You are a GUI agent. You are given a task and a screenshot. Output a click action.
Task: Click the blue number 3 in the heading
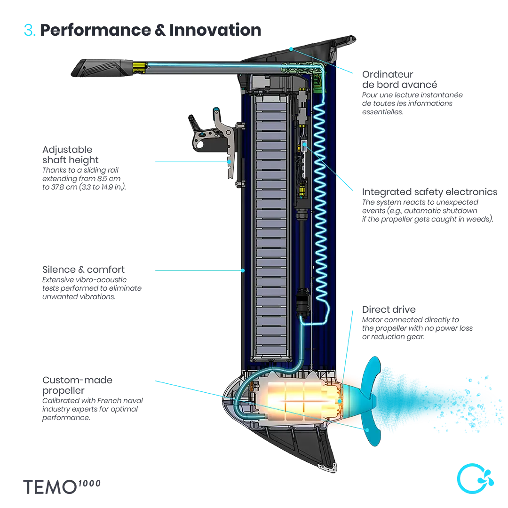(x=29, y=31)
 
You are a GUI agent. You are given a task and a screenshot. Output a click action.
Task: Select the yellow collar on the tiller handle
(x=139, y=66)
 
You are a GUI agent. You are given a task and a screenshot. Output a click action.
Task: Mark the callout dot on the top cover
(x=291, y=48)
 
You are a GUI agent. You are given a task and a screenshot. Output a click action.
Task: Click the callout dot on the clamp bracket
(x=230, y=162)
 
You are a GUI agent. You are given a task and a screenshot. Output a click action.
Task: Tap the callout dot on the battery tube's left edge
(x=243, y=270)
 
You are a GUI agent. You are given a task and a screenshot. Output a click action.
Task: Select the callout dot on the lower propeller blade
(x=367, y=429)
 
